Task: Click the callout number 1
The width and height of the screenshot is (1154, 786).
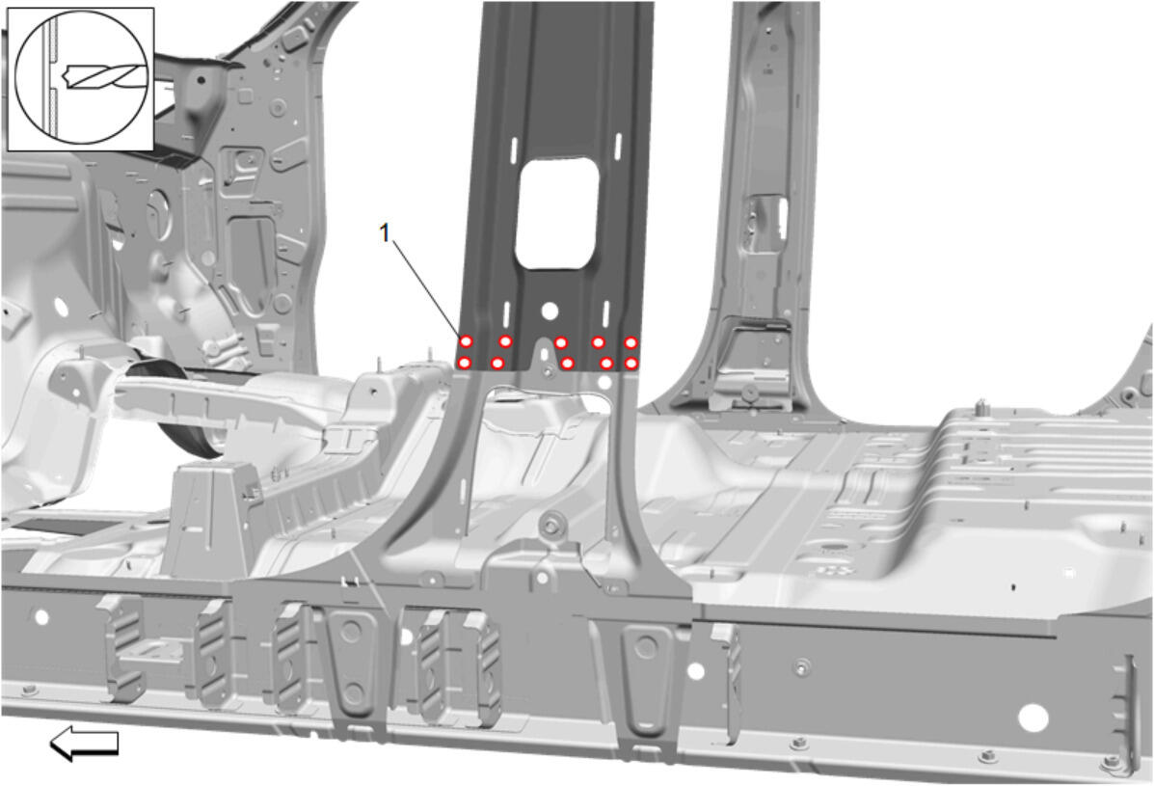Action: (x=384, y=233)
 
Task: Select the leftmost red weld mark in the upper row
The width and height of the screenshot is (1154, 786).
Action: (x=466, y=341)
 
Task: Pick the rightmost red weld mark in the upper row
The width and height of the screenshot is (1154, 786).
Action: (x=631, y=343)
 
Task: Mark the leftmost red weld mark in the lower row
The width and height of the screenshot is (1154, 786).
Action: (x=465, y=363)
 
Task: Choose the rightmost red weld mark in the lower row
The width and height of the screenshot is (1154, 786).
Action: (x=631, y=363)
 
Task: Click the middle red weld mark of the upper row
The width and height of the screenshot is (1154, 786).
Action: (x=561, y=343)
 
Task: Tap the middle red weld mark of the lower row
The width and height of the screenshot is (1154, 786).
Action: (x=568, y=363)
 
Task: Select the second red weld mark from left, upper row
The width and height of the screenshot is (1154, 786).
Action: (x=505, y=341)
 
